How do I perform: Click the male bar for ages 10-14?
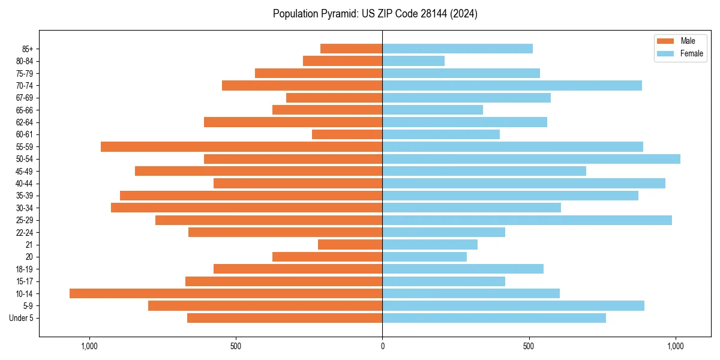coord(226,293)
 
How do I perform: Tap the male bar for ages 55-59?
coord(241,146)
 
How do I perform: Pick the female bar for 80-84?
coord(413,61)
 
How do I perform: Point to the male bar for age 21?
coord(350,245)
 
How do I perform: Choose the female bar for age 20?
coord(424,257)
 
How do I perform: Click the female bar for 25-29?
coord(527,220)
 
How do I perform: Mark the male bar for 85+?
coord(351,49)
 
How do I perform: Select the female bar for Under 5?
coord(494,318)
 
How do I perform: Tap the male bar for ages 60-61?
coord(347,134)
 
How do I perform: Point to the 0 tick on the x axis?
coord(382,346)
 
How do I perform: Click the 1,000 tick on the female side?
coord(676,346)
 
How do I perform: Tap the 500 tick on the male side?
coord(236,346)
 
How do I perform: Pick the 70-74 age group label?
coord(25,85)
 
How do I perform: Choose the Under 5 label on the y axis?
coord(21,318)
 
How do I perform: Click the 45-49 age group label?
coord(25,171)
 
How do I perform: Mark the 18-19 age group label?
coord(25,269)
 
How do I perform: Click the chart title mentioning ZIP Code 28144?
coord(375,14)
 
